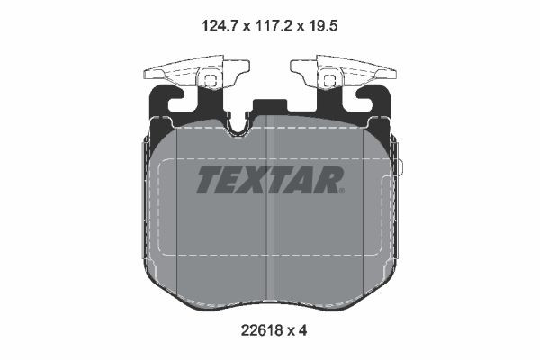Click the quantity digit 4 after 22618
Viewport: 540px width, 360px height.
tap(304, 330)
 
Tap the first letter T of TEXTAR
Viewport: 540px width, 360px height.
tap(207, 180)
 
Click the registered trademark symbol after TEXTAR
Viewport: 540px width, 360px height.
tap(342, 190)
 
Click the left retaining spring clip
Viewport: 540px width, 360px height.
tap(196, 76)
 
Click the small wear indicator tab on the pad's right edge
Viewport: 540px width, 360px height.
tap(402, 168)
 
